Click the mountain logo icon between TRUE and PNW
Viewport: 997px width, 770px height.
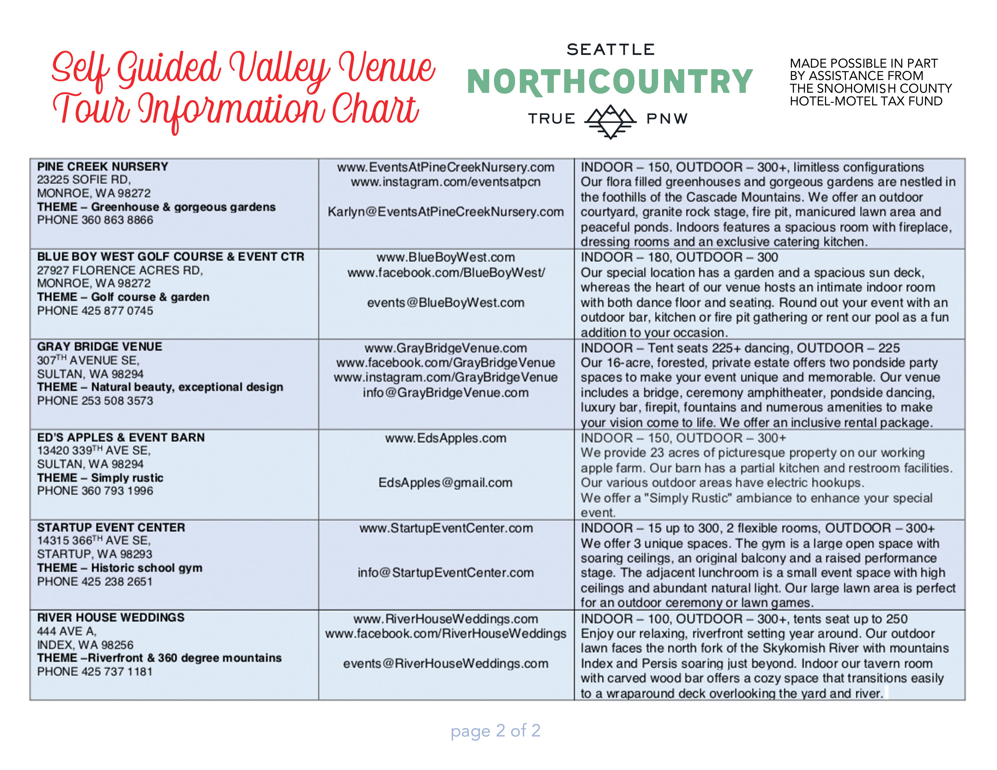tap(610, 121)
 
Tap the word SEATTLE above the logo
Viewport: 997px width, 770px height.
tap(610, 49)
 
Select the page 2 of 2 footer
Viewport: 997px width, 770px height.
tap(495, 730)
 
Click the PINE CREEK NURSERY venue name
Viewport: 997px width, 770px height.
tap(103, 166)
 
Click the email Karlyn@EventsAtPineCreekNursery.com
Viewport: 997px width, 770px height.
tap(446, 212)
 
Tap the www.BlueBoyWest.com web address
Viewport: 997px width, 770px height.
tap(446, 257)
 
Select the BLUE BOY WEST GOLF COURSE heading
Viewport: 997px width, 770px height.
tap(170, 257)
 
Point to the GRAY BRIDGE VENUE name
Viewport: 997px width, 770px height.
tap(99, 347)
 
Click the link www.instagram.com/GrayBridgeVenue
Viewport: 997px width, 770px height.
tap(446, 377)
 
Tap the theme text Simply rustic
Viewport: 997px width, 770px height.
tap(127, 478)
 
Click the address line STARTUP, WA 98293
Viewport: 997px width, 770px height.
tap(95, 554)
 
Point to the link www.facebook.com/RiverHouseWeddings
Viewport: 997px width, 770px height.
tap(446, 634)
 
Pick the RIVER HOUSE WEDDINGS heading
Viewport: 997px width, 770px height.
tap(111, 617)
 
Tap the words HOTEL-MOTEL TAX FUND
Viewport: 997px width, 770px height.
tap(866, 101)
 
